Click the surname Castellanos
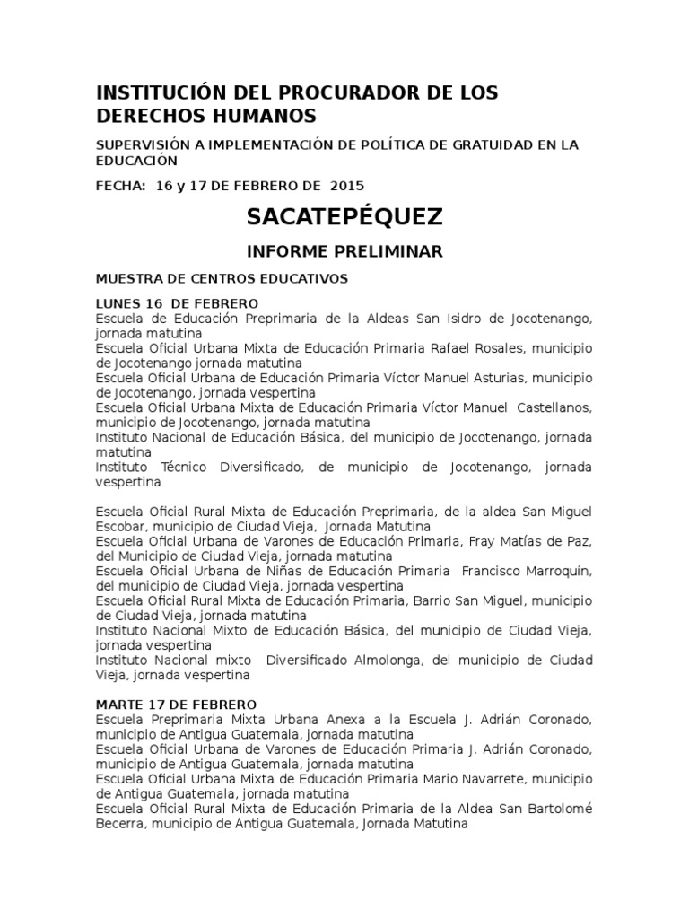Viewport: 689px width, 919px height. [552, 407]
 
